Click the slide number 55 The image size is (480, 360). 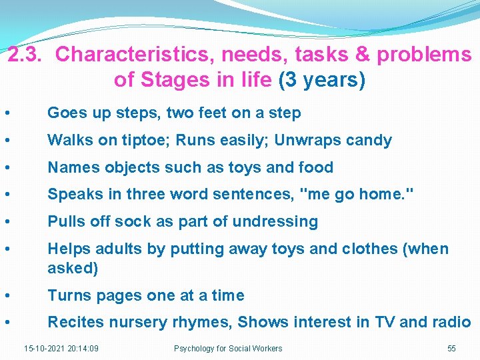click(x=451, y=348)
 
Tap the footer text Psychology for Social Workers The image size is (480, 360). click(x=228, y=348)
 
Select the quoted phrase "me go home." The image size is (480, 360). click(x=358, y=195)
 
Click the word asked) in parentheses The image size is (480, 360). click(x=73, y=268)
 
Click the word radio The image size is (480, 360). click(x=451, y=323)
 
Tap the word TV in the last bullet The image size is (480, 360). click(x=383, y=323)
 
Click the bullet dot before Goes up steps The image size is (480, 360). click(x=6, y=113)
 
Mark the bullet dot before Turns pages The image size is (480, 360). click(x=6, y=295)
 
